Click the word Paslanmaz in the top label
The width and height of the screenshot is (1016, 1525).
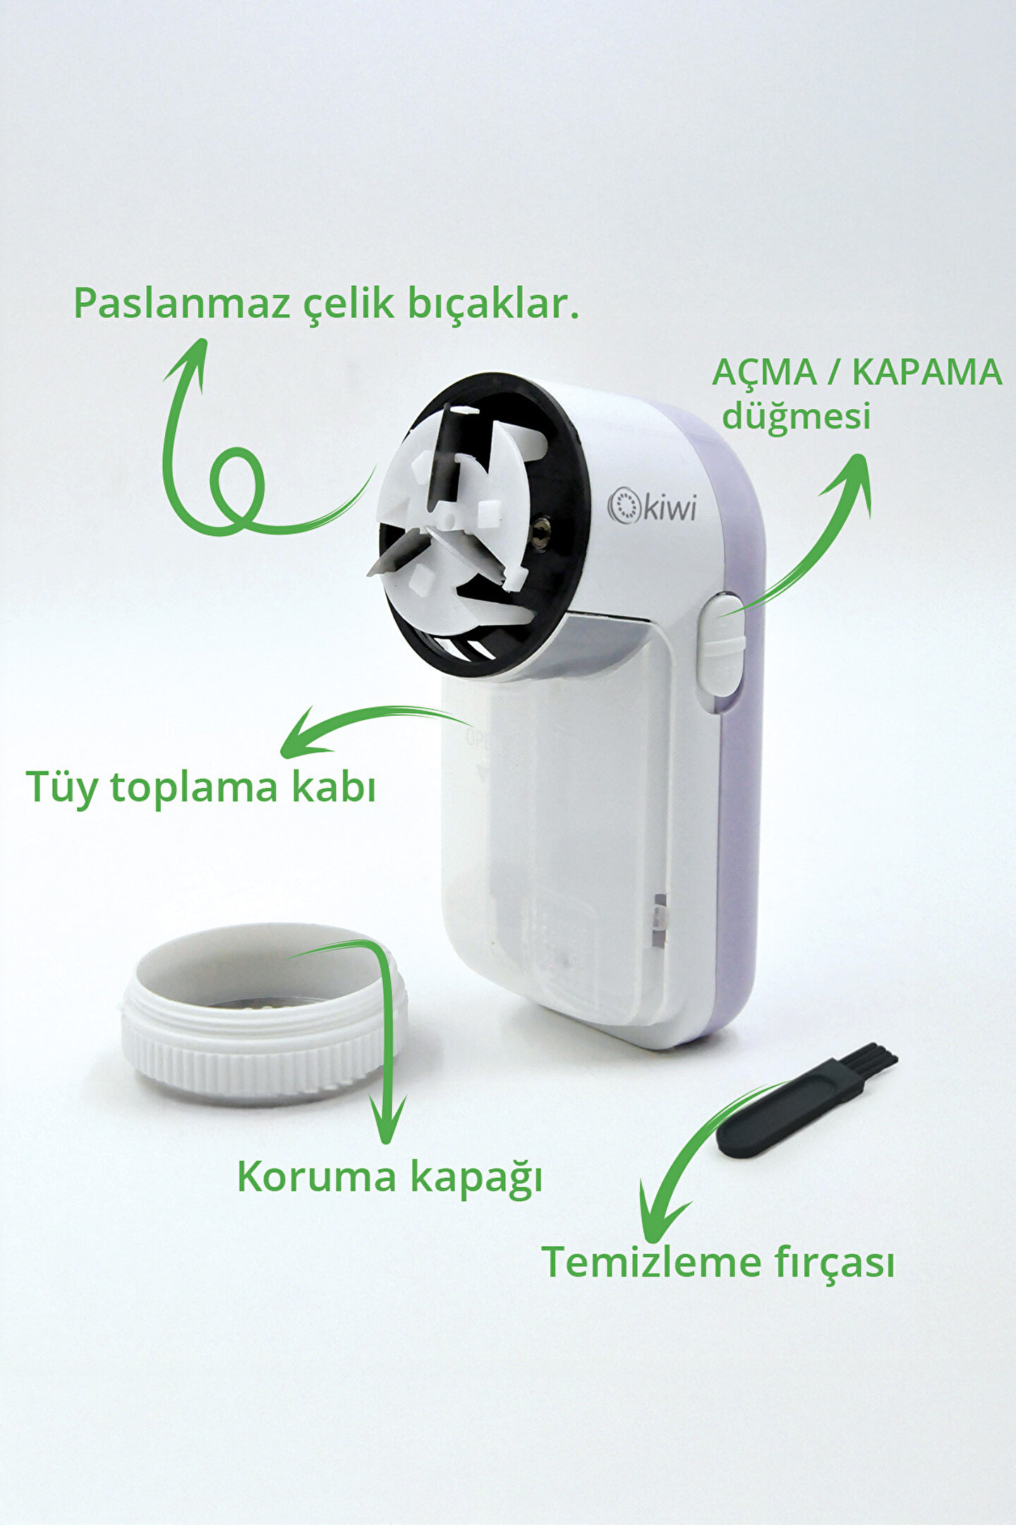(x=181, y=304)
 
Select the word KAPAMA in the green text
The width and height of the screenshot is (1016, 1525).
(x=927, y=372)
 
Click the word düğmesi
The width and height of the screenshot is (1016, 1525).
(x=796, y=416)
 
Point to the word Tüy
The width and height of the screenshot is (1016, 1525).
(x=61, y=788)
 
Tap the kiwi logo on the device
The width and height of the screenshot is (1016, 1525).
(x=652, y=506)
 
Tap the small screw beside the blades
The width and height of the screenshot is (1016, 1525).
(x=542, y=525)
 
